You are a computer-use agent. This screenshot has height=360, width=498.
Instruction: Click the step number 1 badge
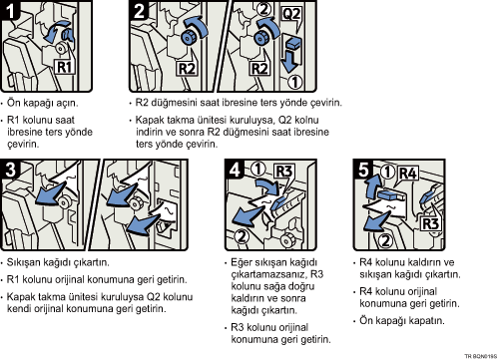click(x=10, y=10)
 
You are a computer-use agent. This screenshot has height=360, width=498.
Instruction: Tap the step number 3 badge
click(x=10, y=170)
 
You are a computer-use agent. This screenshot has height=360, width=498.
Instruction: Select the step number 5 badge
click(x=363, y=170)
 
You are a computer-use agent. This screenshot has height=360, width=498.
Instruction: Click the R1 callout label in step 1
click(x=64, y=67)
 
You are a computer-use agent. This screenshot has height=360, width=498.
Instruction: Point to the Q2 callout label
click(x=291, y=14)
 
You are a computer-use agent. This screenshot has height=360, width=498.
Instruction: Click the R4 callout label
click(x=407, y=174)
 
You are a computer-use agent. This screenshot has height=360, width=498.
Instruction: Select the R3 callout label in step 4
click(x=284, y=172)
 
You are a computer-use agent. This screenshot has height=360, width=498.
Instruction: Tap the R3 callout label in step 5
click(x=430, y=223)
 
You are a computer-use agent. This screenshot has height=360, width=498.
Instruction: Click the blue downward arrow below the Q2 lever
click(x=289, y=61)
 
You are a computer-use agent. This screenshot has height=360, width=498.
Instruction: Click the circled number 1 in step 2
click(x=294, y=82)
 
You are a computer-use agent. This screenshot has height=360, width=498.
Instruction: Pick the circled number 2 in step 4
click(x=242, y=236)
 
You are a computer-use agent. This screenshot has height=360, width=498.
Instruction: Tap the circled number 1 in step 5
click(x=387, y=172)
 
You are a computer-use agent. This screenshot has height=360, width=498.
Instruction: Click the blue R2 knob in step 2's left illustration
click(x=188, y=38)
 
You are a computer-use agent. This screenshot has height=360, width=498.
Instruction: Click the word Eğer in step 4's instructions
click(x=242, y=263)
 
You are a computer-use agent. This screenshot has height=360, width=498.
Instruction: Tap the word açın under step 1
click(x=67, y=104)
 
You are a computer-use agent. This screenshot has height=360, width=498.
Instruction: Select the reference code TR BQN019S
click(x=481, y=356)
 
